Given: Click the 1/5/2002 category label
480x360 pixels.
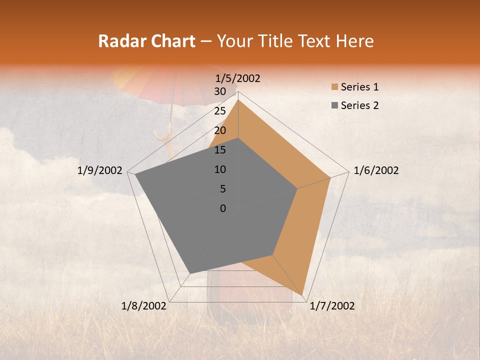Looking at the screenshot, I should point(237,78).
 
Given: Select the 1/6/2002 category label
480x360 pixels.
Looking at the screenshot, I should point(376,170).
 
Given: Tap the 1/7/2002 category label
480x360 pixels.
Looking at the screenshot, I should point(332,306).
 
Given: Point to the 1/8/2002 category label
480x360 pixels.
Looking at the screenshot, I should point(144,306).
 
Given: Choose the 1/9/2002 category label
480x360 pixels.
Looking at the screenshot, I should point(100,170).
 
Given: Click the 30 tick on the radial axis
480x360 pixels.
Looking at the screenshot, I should point(218,91).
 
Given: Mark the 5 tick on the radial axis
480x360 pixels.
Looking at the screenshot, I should point(221,189).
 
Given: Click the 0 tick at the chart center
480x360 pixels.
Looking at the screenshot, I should point(223,208).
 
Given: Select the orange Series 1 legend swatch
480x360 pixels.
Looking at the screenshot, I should point(334,87).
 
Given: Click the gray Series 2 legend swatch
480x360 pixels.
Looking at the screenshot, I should point(334,105).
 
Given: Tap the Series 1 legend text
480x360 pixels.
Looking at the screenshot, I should point(359,87).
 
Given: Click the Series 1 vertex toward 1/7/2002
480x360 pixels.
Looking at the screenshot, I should point(303,294).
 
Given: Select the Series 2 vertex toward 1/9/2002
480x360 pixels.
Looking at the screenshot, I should point(135,174).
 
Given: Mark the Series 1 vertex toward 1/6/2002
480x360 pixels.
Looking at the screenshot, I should point(330,177).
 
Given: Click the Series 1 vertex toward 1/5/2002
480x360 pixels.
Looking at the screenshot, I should point(238,100).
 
